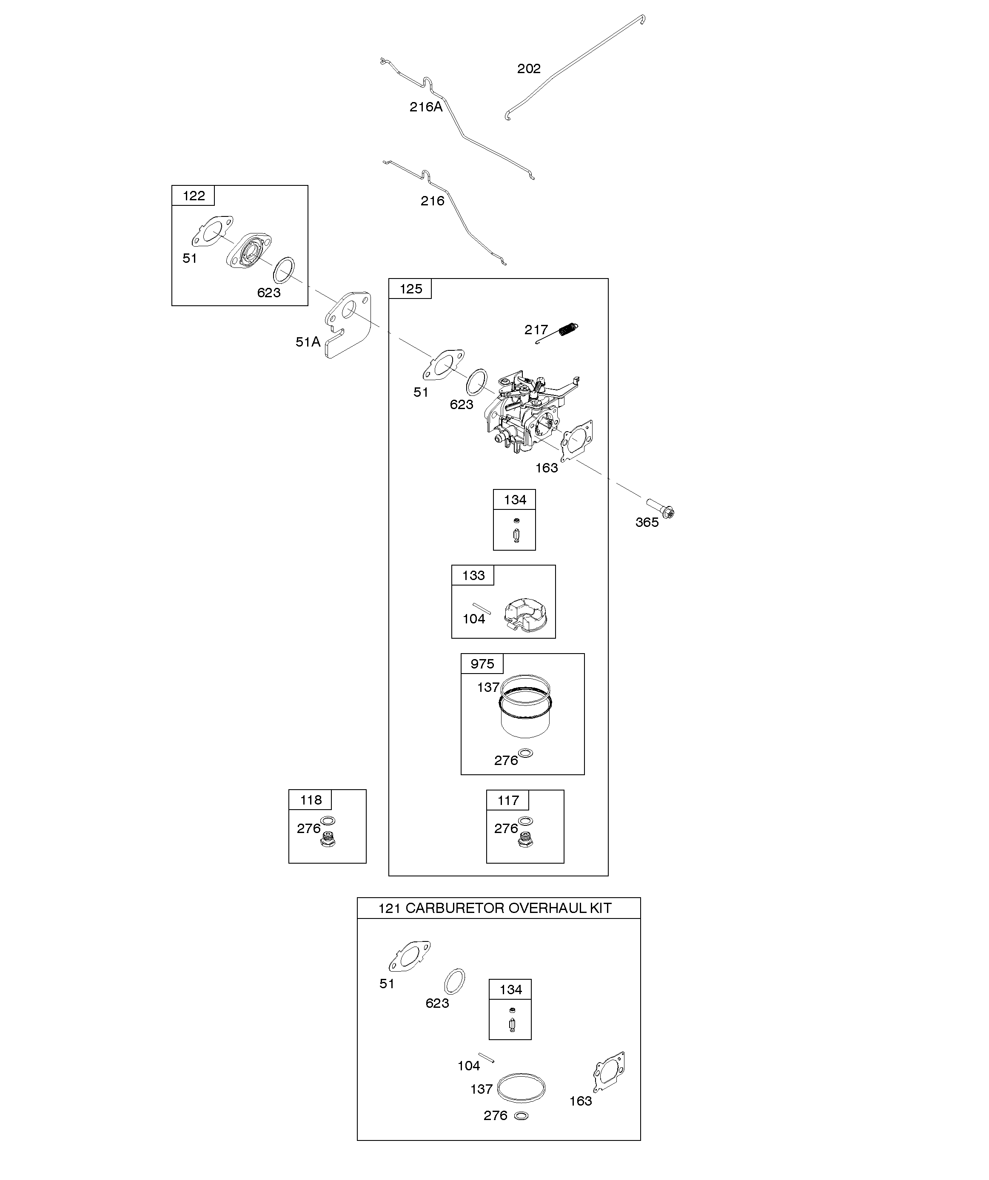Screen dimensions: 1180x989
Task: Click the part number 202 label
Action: [528, 68]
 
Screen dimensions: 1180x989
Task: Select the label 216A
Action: [426, 107]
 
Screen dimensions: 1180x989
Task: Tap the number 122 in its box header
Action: [194, 196]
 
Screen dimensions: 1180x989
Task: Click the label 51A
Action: [308, 341]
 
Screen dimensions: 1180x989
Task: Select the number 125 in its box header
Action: [410, 289]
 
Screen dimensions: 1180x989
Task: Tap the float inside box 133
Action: [528, 615]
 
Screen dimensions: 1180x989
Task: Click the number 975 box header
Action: [482, 664]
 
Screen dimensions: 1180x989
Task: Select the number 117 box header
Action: [508, 800]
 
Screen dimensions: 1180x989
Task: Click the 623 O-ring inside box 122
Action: [284, 270]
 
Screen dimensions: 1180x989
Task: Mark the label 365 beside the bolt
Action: [647, 522]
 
